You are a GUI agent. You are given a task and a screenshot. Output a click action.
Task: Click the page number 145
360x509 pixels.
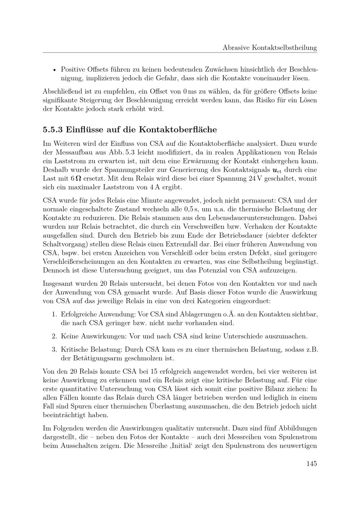pyautogui.click(x=312, y=463)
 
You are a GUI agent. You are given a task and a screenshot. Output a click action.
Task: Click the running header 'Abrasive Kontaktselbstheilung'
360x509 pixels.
pyautogui.click(x=270, y=47)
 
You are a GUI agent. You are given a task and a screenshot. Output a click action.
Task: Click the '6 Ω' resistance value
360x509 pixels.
pyautogui.click(x=76, y=179)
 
